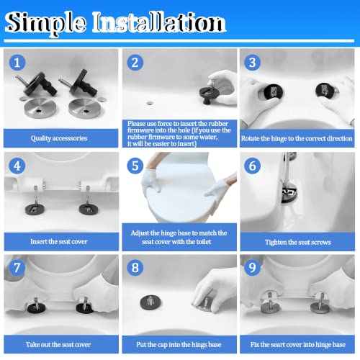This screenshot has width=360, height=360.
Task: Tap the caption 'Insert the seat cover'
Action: click(x=60, y=241)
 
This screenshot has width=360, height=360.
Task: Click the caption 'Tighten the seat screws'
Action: click(x=297, y=242)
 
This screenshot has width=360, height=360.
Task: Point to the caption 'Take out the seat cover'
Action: click(x=60, y=345)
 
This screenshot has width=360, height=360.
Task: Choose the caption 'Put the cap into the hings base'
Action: click(x=178, y=345)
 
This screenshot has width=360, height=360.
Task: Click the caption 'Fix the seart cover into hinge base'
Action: click(x=297, y=345)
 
